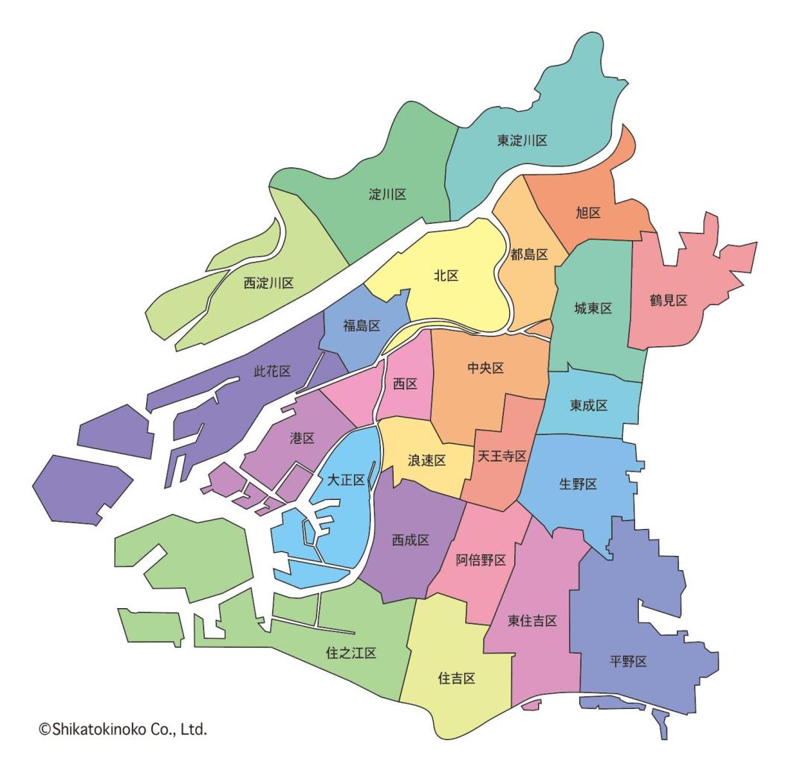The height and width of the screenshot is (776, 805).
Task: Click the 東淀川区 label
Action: (x=523, y=140)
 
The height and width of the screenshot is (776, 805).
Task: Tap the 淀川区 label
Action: (x=388, y=195)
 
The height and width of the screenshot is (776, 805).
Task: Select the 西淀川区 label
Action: (x=268, y=283)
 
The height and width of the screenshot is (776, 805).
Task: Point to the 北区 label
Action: (x=446, y=275)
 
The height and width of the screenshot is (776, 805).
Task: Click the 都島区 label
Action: (x=529, y=254)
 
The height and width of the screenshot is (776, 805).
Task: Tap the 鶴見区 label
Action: (x=669, y=300)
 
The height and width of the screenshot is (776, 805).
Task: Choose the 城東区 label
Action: (x=593, y=308)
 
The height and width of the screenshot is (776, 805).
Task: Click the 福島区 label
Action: (x=362, y=325)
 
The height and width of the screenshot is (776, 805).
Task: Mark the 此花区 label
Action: (x=271, y=371)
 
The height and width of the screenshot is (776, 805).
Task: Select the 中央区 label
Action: (x=486, y=368)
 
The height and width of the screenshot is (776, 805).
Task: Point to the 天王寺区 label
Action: (x=502, y=455)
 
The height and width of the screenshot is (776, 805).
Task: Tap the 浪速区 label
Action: (x=426, y=460)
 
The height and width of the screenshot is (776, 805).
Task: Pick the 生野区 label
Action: (x=578, y=484)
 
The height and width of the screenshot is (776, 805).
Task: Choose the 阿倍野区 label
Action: (x=481, y=560)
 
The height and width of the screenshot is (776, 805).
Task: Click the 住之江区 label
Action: (x=351, y=653)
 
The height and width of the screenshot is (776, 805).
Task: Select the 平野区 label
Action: (x=628, y=661)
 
